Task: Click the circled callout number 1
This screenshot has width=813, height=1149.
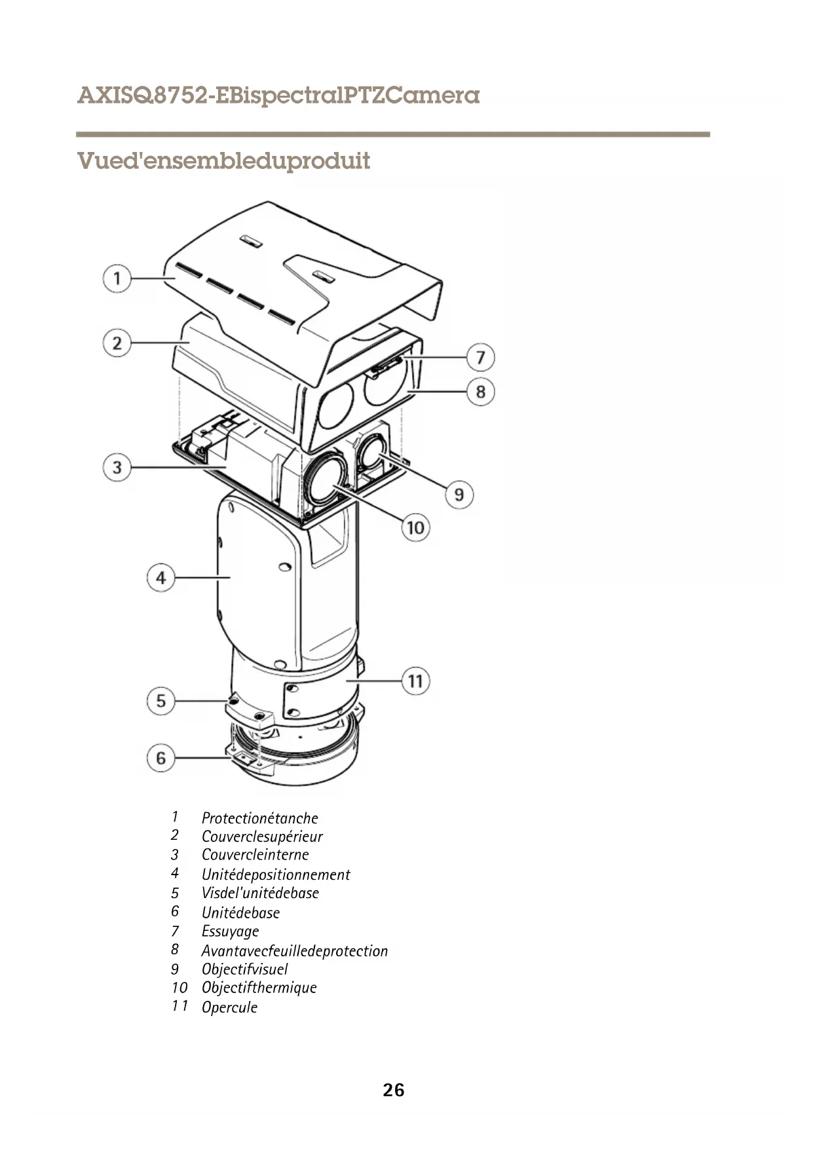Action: pos(117,278)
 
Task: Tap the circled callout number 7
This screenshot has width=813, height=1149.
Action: pos(480,358)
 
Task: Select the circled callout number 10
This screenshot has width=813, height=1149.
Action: pos(415,527)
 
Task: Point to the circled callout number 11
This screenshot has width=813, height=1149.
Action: pos(415,681)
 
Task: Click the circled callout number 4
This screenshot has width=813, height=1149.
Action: pos(161,578)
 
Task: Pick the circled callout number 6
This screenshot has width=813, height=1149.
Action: pos(161,759)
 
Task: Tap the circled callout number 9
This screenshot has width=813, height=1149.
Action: pos(459,494)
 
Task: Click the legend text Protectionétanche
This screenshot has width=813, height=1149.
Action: pos(259,818)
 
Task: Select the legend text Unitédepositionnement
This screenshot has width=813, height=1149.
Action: pos(276,875)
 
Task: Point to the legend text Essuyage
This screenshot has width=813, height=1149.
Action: pos(230,932)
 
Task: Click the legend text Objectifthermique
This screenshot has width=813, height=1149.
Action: pos(259,988)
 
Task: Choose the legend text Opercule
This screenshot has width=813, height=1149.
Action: pos(229,1008)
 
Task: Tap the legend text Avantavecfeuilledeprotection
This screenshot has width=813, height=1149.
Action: pos(294,951)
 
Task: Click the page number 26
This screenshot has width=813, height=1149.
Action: pos(394,1090)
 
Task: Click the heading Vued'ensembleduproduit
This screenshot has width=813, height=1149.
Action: pos(223,161)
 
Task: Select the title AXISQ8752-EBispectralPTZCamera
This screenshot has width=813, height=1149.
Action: pos(278,96)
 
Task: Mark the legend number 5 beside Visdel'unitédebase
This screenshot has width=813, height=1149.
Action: pos(175,894)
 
